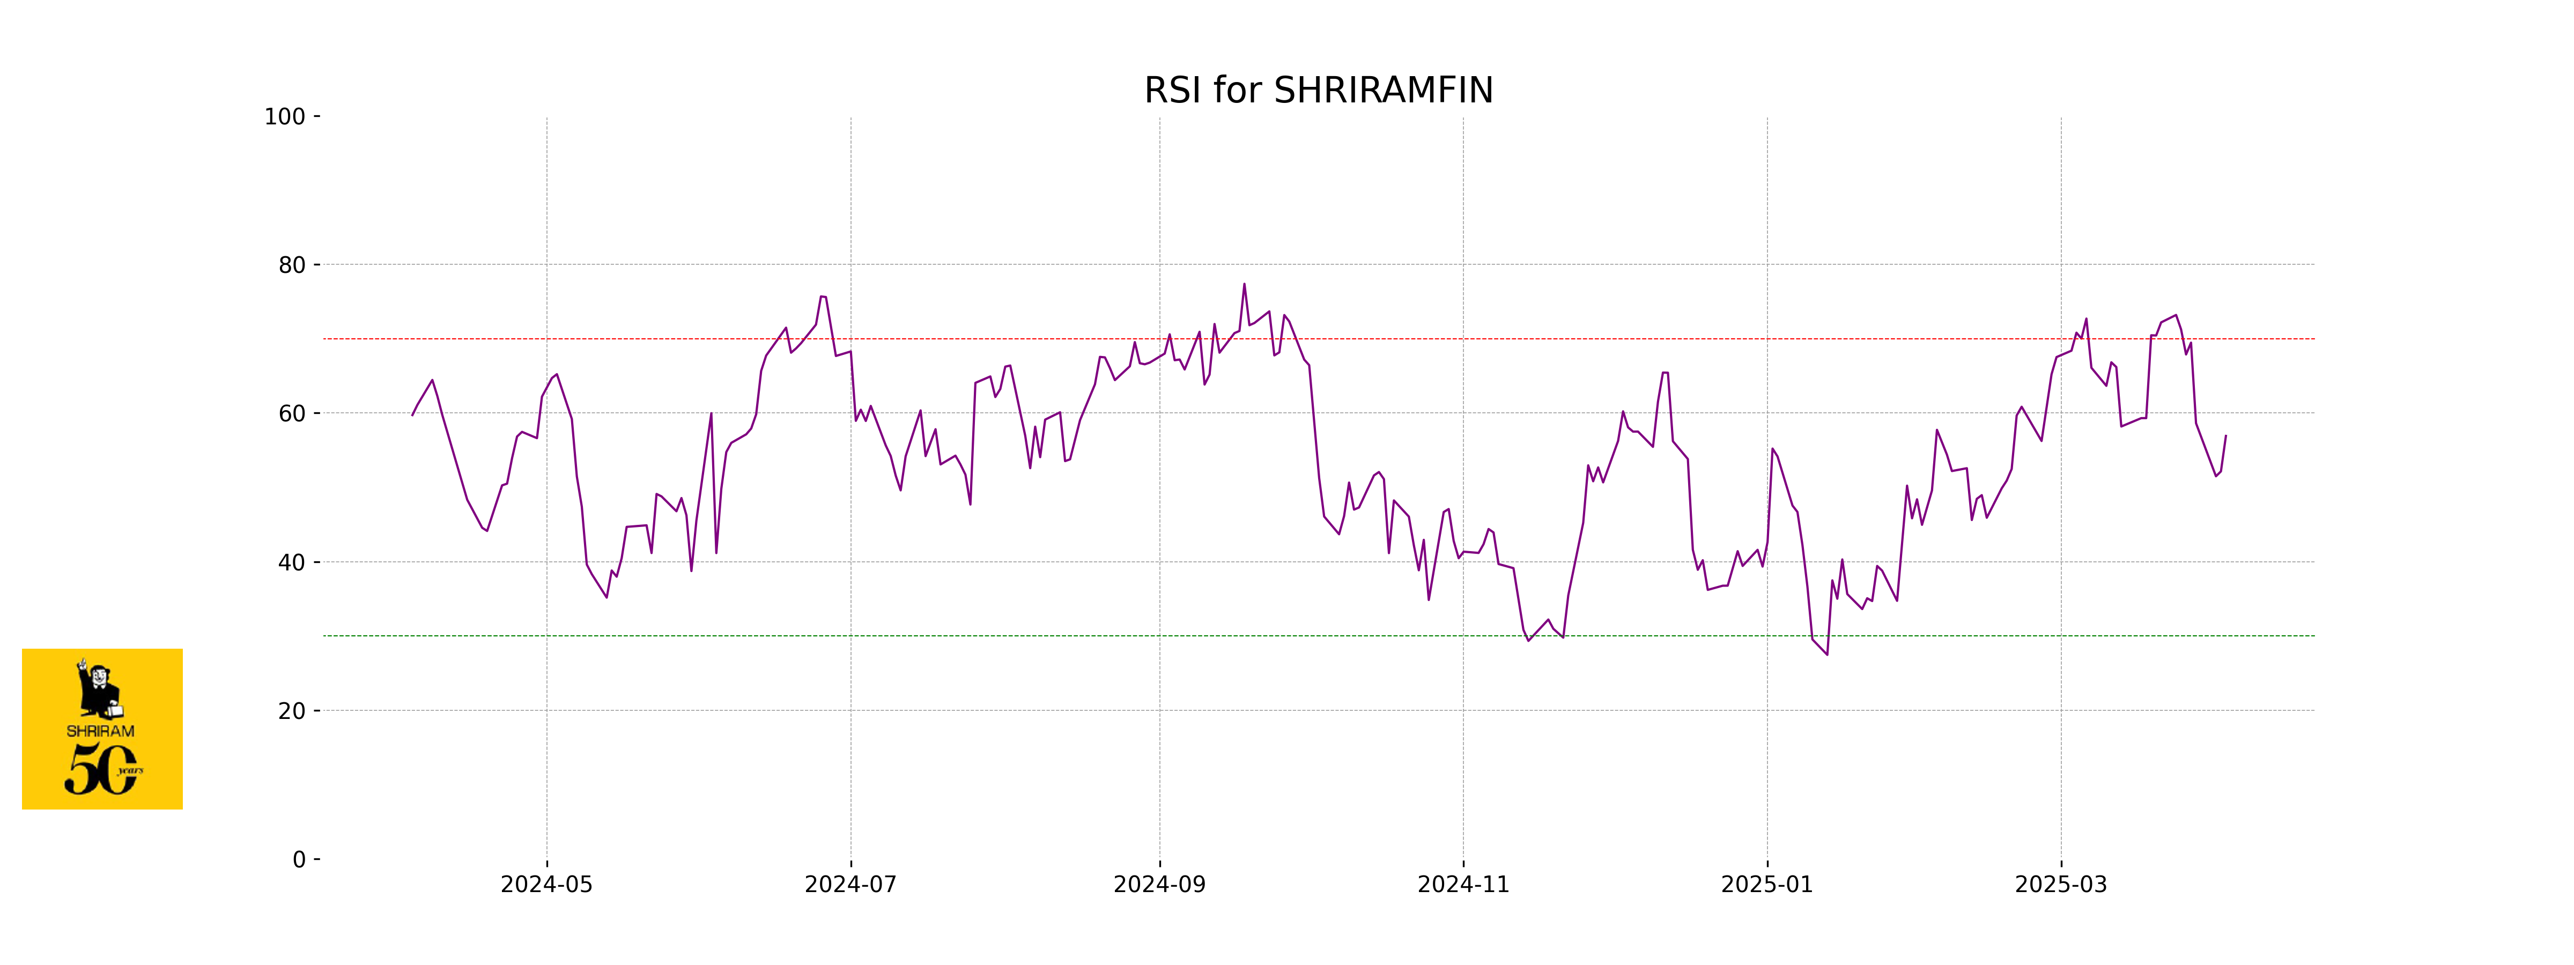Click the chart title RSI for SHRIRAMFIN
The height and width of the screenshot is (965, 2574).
[1318, 91]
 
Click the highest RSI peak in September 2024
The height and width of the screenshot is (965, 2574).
[1244, 285]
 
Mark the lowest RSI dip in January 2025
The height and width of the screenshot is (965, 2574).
[1826, 654]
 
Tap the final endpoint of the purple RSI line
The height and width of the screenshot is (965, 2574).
[2225, 435]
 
